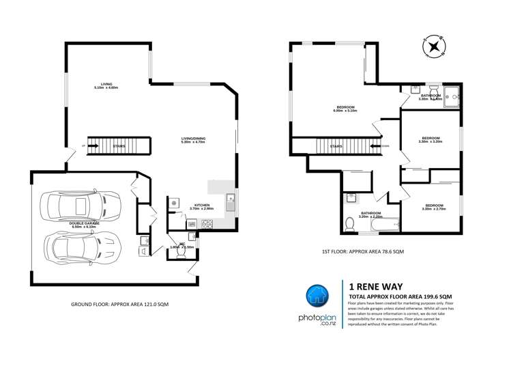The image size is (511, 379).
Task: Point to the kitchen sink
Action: (231, 201)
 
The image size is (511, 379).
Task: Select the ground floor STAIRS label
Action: (119, 145)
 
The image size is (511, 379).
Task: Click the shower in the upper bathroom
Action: (452, 98)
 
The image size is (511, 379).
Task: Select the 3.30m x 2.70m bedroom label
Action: (434, 207)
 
